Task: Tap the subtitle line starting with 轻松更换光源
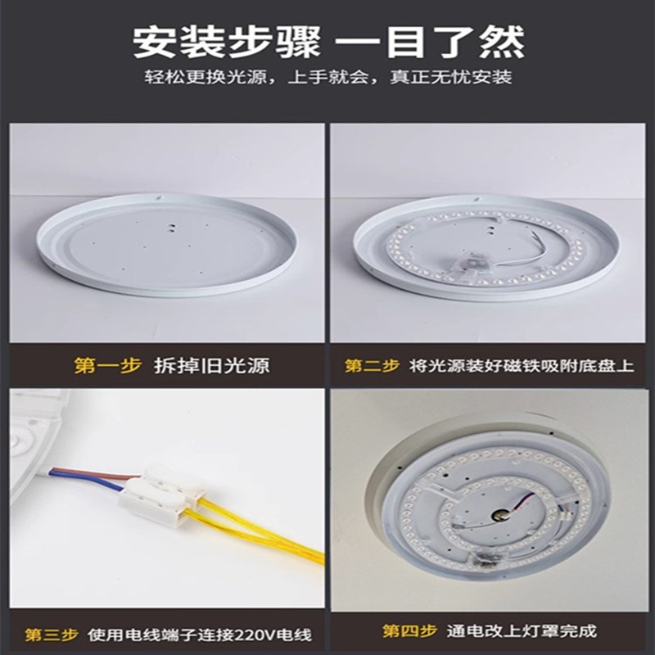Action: [x=327, y=78]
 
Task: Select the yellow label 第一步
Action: [x=108, y=365]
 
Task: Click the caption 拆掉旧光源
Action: [x=211, y=365]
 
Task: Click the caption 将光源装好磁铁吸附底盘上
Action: [x=521, y=365]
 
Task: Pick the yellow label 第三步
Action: [x=51, y=635]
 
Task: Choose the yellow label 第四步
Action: [x=409, y=631]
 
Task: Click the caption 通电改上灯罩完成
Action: [x=522, y=631]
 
